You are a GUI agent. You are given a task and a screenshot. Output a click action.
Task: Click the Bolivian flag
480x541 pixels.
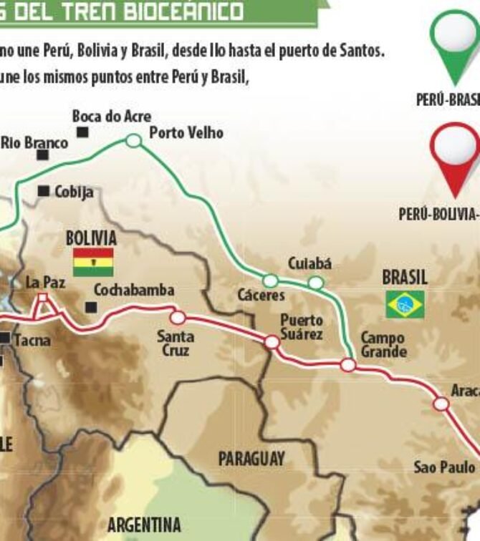93,262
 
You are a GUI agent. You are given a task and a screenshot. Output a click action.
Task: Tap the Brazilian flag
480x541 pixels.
405,304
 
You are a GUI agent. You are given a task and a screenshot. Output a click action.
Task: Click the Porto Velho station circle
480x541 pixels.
133,141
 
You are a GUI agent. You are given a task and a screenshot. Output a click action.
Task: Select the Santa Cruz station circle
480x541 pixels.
178,318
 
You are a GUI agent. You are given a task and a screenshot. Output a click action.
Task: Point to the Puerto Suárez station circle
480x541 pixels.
272,342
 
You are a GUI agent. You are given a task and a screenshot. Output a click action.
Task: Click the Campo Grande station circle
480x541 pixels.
348,365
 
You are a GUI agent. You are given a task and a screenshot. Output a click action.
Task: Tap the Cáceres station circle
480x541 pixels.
270,281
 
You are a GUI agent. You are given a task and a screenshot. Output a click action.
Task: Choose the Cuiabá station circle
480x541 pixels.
315,283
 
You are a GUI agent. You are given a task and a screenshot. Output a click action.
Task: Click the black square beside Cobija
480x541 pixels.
44,191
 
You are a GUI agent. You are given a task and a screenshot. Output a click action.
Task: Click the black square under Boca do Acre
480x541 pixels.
83,132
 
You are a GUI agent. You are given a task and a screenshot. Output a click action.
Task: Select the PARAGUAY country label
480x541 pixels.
251,459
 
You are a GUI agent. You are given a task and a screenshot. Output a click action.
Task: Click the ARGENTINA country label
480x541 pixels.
144,525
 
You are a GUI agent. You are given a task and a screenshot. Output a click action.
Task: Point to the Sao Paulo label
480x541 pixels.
444,467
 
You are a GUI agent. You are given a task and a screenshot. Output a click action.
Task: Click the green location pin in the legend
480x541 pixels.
456,43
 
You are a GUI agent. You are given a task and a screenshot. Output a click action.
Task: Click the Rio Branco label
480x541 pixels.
34,142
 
